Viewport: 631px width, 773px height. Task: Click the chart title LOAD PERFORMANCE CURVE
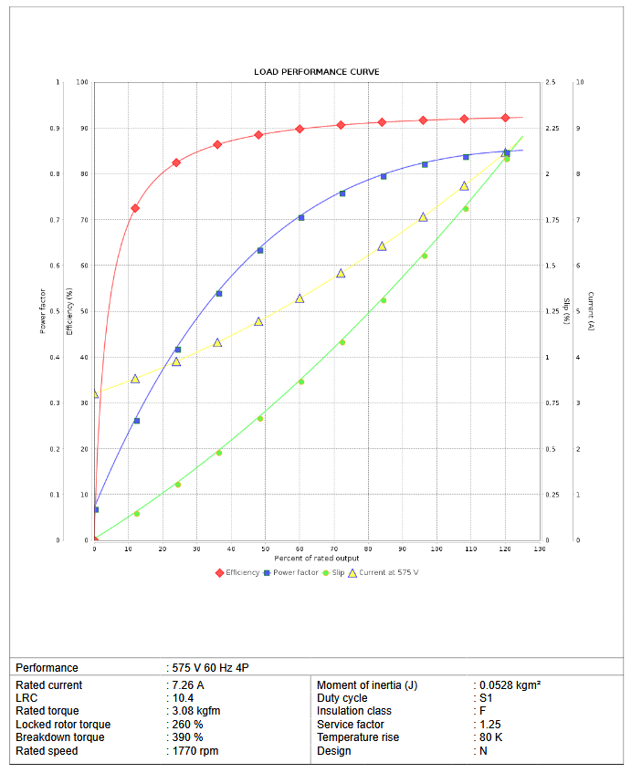coord(316,71)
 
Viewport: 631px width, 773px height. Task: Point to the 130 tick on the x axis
coord(539,548)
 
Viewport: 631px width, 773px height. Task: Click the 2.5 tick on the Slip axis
coord(551,82)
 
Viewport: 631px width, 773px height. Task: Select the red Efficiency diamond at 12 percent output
coord(135,208)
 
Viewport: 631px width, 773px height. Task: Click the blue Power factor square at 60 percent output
coord(301,217)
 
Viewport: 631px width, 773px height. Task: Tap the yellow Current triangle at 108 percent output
coord(464,186)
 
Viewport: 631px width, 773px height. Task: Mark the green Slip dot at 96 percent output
coord(424,256)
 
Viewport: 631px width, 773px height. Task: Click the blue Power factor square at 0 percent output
coord(95,509)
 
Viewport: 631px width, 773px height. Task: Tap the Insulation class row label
coord(354,711)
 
